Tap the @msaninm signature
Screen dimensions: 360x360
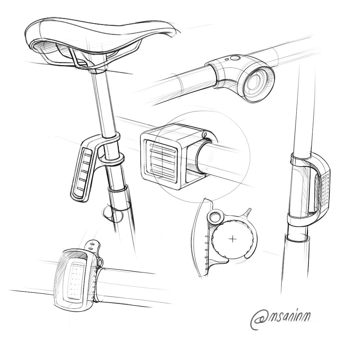point(280,319)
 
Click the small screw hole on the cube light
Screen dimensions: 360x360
point(205,134)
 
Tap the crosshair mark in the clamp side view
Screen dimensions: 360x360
point(233,239)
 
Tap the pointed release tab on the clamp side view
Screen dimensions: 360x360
point(249,211)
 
